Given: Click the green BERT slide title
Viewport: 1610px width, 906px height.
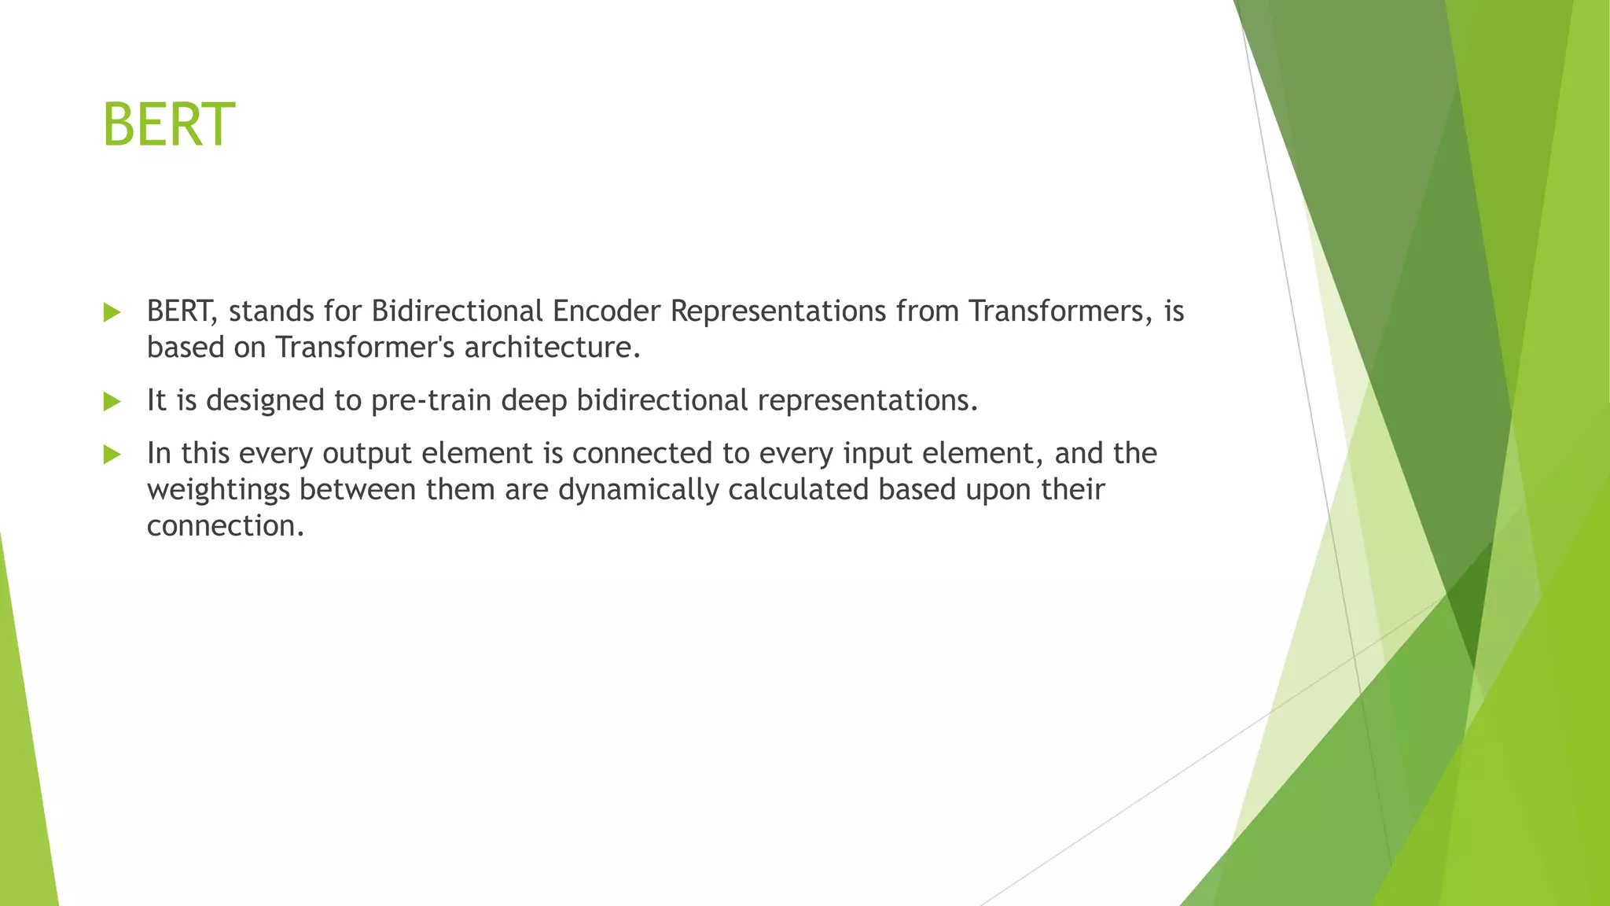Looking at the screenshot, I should click(x=168, y=124).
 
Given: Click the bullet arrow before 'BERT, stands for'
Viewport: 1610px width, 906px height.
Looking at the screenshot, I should click(x=112, y=312).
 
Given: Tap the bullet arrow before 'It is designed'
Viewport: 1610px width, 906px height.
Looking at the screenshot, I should click(x=112, y=402).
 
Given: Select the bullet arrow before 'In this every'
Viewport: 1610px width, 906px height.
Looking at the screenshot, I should click(x=112, y=455).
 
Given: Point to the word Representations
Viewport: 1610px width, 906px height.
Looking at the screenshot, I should click(x=778, y=311).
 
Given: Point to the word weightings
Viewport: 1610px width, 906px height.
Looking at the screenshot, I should click(x=219, y=490).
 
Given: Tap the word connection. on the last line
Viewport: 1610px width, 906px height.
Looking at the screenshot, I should click(x=225, y=526).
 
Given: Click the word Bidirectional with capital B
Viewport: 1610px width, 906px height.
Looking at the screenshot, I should click(x=458, y=311).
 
